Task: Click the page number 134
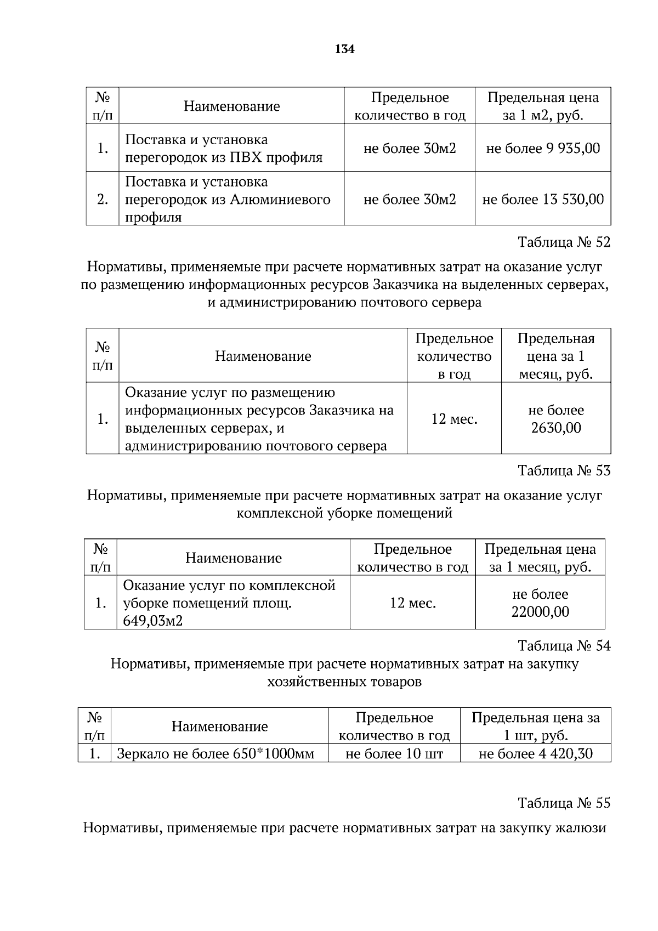point(344,50)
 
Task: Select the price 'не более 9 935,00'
point(543,148)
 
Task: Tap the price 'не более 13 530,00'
point(543,199)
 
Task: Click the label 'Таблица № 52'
point(564,242)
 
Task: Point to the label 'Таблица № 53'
point(564,470)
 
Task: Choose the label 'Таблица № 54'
point(564,645)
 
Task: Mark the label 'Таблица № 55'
point(564,803)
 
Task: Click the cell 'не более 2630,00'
point(555,419)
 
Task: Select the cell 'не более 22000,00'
point(540,603)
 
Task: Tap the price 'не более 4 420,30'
point(536,754)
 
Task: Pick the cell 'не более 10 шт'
point(394,754)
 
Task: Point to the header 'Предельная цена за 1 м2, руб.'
point(543,106)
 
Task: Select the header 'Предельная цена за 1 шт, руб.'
point(536,726)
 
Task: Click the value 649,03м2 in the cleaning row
point(153,621)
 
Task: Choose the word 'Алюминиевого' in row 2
point(280,199)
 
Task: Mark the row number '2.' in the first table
point(103,199)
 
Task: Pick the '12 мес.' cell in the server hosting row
point(454,419)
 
